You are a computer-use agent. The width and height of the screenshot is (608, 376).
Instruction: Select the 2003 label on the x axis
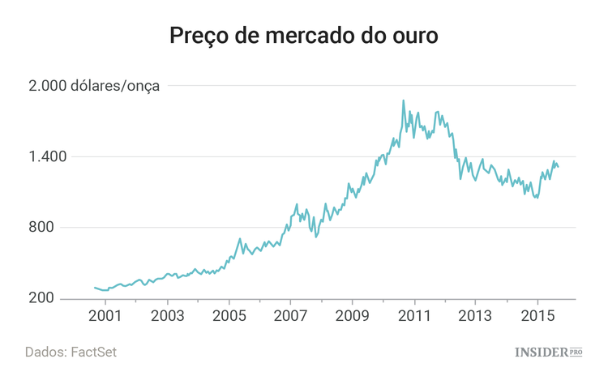[166, 315]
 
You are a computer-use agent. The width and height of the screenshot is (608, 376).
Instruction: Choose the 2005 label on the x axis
[229, 315]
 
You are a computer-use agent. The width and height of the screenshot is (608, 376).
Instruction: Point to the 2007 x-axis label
[290, 315]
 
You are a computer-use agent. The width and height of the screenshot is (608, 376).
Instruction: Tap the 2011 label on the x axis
[414, 315]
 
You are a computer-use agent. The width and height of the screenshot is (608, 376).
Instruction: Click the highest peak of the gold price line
[404, 100]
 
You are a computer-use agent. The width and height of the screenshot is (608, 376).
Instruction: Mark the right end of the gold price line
[559, 167]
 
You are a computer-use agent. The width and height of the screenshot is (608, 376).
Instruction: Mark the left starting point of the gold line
[95, 287]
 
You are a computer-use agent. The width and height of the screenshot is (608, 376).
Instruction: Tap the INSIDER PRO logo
[549, 352]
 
